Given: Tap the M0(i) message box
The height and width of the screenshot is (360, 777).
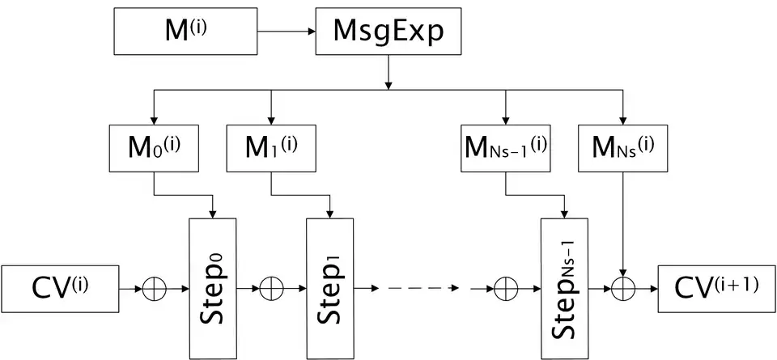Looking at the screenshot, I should (153, 147).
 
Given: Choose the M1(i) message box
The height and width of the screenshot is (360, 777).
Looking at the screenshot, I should (271, 147).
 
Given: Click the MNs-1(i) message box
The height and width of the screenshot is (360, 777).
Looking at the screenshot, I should (505, 147).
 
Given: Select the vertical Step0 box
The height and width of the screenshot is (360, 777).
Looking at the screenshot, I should (212, 287).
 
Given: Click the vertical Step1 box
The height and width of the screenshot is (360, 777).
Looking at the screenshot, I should (330, 287).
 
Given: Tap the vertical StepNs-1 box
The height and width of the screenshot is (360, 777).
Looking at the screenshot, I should (563, 287).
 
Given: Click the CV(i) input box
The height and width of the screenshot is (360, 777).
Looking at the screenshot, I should (60, 287).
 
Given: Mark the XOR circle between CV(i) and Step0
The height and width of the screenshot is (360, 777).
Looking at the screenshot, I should (153, 288).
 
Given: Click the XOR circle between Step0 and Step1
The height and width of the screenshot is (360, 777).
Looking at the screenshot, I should (271, 288).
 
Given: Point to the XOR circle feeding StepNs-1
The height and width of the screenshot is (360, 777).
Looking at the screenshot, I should (505, 288).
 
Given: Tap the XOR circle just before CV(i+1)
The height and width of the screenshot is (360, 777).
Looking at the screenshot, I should (622, 288).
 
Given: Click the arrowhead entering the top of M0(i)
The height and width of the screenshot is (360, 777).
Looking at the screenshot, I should (153, 117).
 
